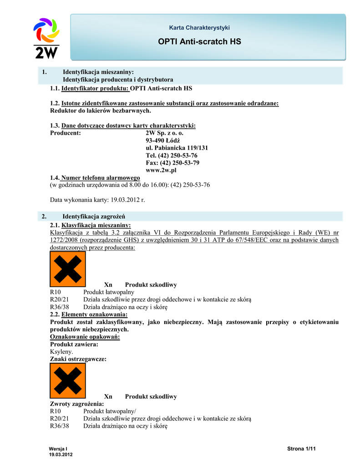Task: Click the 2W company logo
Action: [x=46, y=38]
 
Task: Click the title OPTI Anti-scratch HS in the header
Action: [x=199, y=42]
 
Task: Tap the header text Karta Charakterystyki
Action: [x=199, y=28]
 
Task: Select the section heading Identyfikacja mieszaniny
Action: [x=98, y=72]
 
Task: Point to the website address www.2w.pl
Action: [x=161, y=170]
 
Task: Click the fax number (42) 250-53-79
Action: [x=172, y=162]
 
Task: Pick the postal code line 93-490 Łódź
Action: [x=162, y=141]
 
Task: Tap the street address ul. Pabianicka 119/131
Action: [x=177, y=148]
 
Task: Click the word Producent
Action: [x=66, y=133]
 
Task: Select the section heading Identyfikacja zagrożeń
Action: [x=94, y=216]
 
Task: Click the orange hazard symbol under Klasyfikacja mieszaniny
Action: [x=67, y=269]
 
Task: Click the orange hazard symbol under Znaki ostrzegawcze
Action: [x=67, y=380]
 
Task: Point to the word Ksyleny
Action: [x=61, y=352]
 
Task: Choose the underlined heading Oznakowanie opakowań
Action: [x=85, y=337]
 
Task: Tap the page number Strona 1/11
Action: [x=301, y=449]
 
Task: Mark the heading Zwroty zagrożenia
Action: [x=76, y=404]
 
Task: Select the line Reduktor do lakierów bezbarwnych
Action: [x=100, y=111]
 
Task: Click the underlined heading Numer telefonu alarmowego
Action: [x=101, y=177]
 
